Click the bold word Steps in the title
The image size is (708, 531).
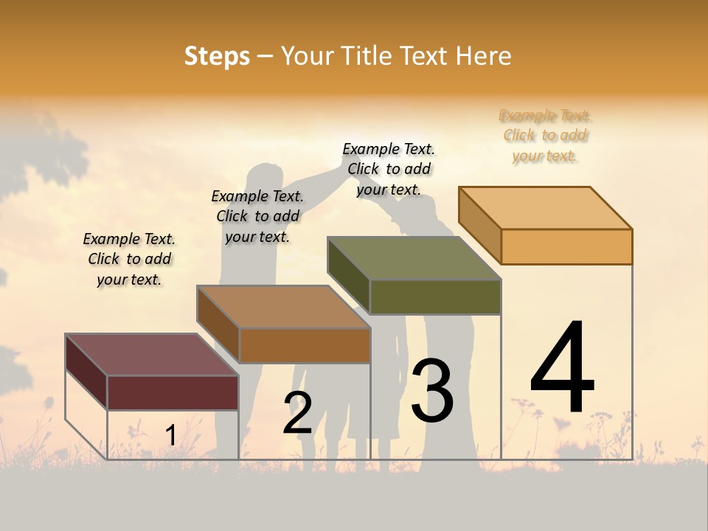click(x=217, y=56)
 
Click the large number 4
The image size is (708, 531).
click(x=562, y=369)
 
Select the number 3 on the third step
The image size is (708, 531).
click(x=432, y=391)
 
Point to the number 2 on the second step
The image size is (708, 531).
click(x=298, y=414)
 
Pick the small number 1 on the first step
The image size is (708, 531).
click(x=170, y=435)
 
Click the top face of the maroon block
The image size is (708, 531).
click(x=151, y=354)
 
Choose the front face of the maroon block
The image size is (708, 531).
click(x=173, y=392)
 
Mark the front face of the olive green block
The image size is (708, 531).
click(x=435, y=297)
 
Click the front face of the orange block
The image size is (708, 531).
click(x=566, y=246)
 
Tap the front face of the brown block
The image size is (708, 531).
click(x=305, y=345)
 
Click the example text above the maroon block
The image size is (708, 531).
click(x=129, y=259)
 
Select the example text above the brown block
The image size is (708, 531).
click(x=257, y=216)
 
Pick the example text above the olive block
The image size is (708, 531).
click(x=389, y=169)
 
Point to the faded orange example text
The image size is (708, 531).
click(x=545, y=136)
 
